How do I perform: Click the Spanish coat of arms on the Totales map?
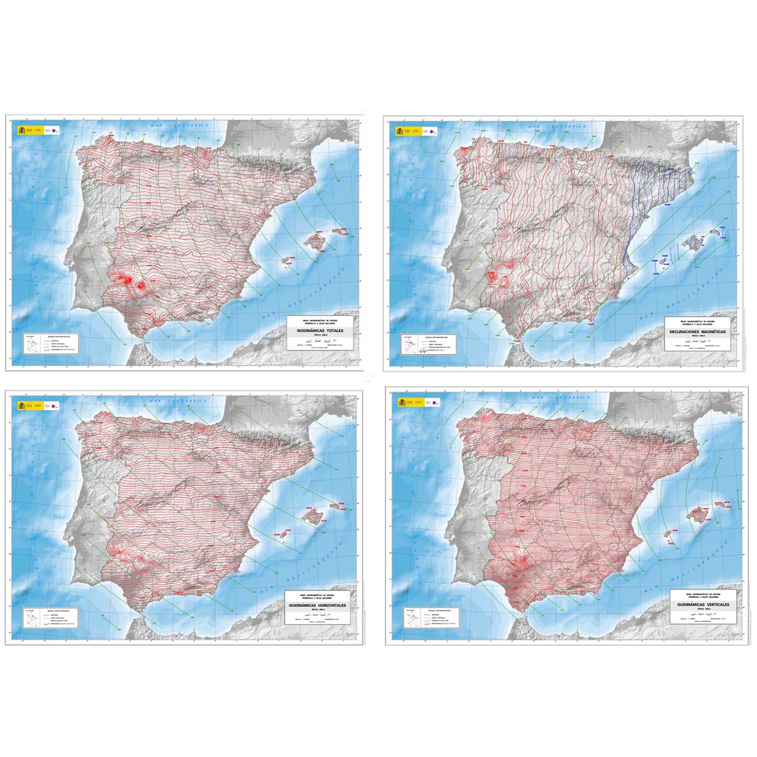click(x=20, y=130)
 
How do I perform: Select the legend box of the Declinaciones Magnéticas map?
click(x=425, y=344)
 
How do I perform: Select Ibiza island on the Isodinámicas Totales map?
click(x=285, y=261)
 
